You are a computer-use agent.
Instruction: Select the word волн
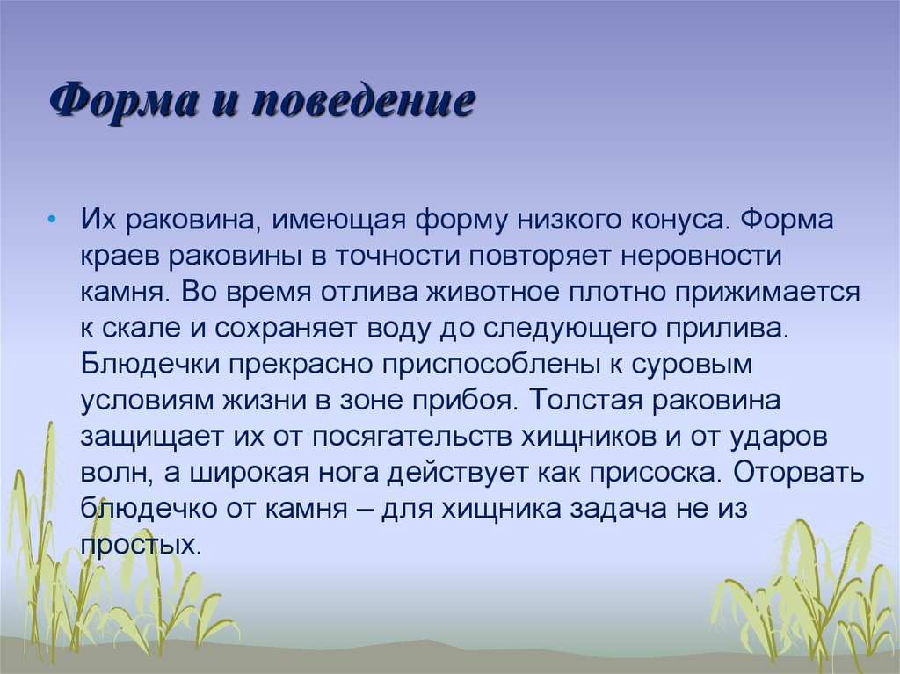click(110, 474)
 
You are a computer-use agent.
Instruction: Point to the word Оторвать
click(800, 474)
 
